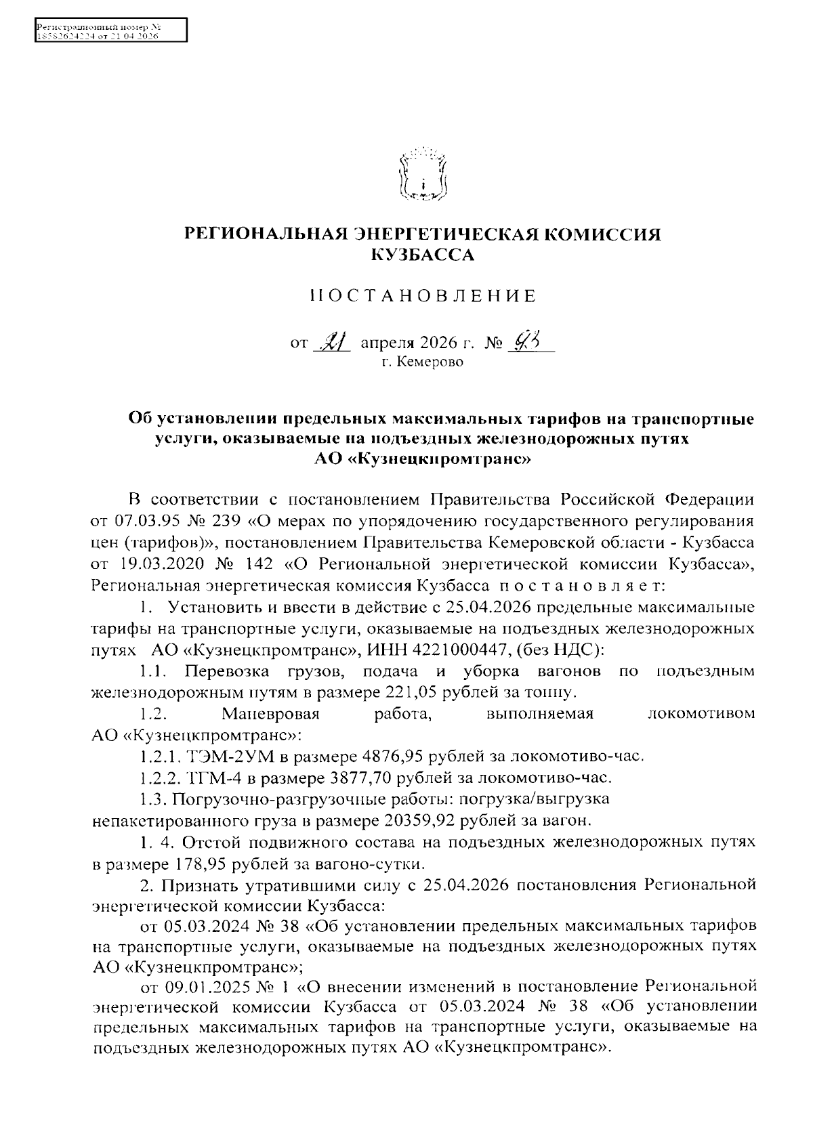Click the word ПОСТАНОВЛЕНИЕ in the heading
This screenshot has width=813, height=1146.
(423, 296)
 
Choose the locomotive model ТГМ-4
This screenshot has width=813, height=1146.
(198, 777)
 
